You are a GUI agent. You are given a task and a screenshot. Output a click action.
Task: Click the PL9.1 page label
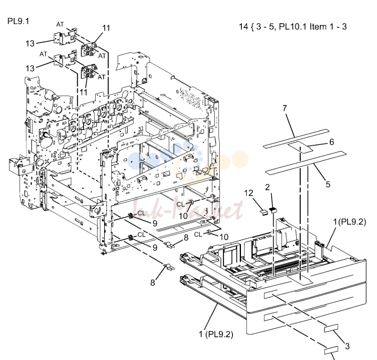(x=18, y=21)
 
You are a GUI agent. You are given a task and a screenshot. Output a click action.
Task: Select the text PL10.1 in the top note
(x=293, y=27)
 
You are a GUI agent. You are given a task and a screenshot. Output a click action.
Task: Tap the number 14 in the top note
(x=243, y=27)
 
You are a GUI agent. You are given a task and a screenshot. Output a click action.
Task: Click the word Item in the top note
(x=317, y=27)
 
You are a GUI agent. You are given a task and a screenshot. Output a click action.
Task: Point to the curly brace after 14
(x=252, y=27)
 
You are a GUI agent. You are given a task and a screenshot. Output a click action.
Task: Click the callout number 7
(x=285, y=108)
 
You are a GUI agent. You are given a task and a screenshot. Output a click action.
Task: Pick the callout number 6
(x=331, y=142)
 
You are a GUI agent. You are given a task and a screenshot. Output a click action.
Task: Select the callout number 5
(x=328, y=184)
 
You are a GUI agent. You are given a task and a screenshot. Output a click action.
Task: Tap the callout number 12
(x=249, y=193)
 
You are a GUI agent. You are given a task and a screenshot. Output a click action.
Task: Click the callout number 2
(x=267, y=187)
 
